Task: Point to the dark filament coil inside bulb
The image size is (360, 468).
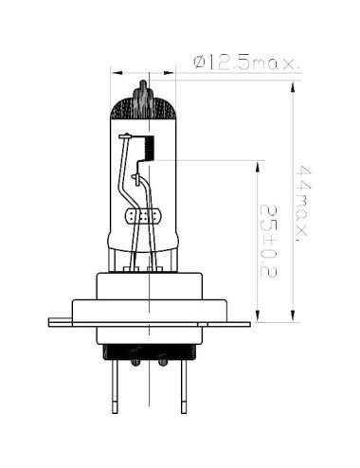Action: [148, 146]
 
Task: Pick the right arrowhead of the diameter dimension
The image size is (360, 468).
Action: [172, 70]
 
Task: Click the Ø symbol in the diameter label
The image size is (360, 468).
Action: [198, 63]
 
